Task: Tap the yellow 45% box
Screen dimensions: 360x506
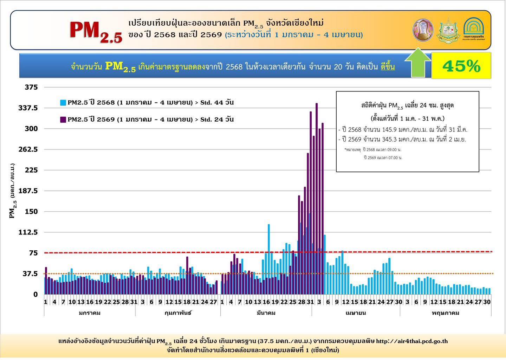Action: click(461, 66)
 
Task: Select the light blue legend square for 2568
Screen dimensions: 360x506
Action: click(63, 103)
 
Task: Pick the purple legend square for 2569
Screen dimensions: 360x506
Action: click(63, 120)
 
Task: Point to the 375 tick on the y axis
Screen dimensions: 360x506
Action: click(31, 87)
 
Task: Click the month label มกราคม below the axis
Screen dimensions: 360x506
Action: click(90, 313)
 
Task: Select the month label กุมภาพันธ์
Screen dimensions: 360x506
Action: click(178, 313)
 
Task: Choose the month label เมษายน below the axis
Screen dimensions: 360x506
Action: click(356, 313)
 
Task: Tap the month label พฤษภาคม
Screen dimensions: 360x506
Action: click(445, 313)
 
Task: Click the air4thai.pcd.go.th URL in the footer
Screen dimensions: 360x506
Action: click(412, 341)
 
